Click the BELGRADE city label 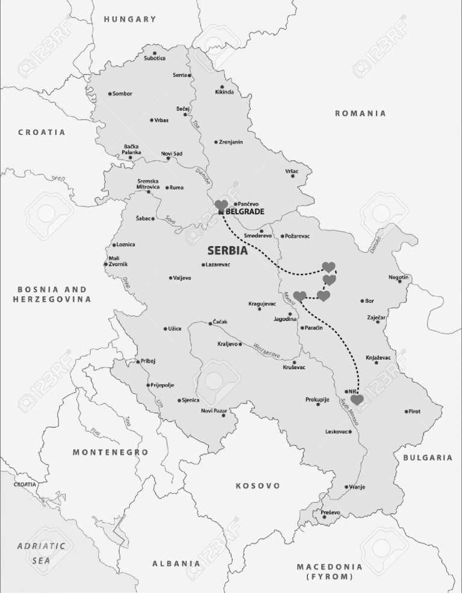(245, 212)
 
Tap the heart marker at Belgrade (221, 205)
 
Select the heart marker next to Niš (357, 399)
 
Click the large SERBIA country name (227, 250)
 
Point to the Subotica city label (155, 58)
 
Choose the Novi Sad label (171, 154)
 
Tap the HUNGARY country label (130, 19)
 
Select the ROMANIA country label (360, 113)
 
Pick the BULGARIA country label (428, 458)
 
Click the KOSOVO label (257, 485)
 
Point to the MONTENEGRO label (111, 452)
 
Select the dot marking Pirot (406, 412)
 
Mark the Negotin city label (398, 277)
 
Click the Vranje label (357, 486)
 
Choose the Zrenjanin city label (232, 142)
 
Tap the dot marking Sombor (109, 94)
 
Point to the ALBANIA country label (176, 564)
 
